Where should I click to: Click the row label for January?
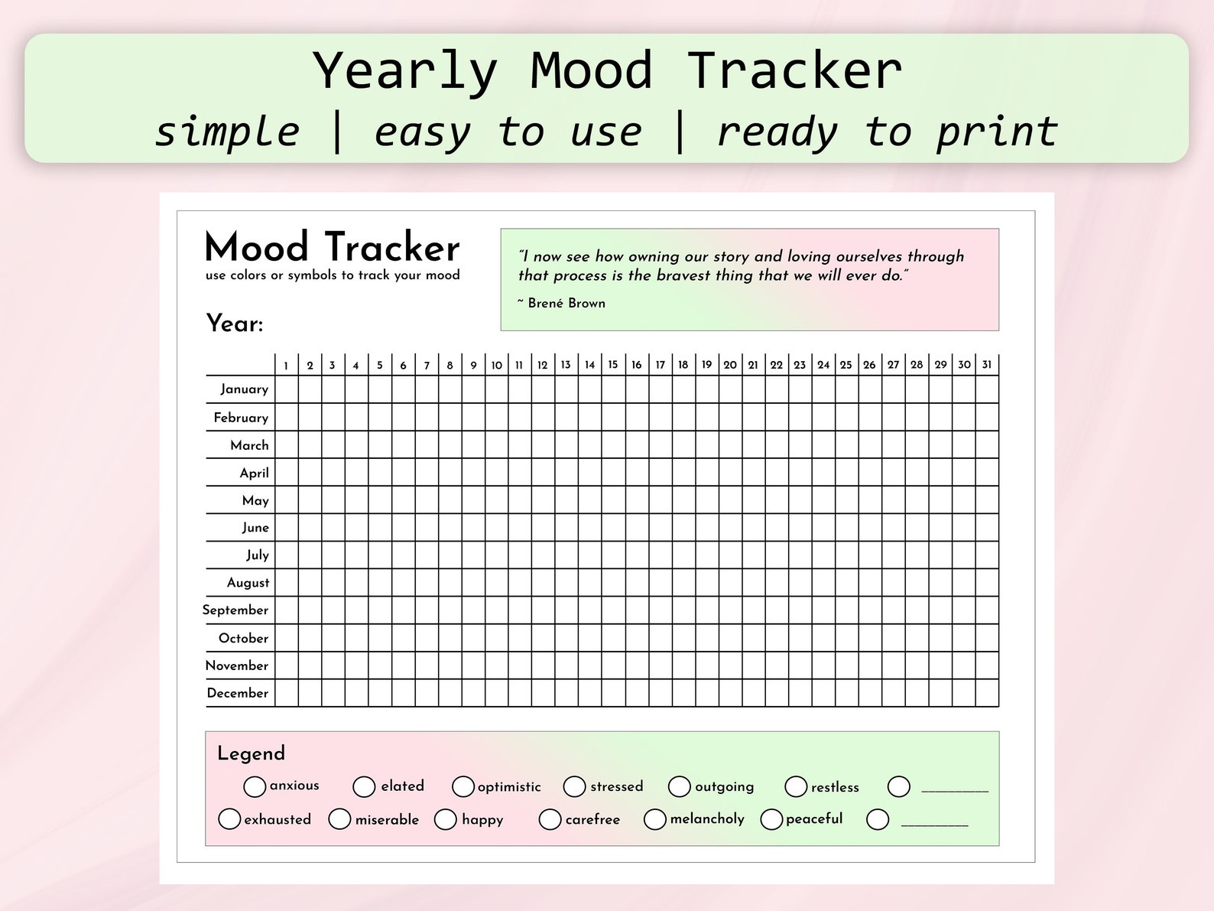[245, 389]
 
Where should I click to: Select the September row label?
[235, 610]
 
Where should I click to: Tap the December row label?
[238, 693]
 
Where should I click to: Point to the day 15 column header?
[613, 365]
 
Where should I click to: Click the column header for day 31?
[987, 365]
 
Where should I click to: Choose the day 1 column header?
[287, 366]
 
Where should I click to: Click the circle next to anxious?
[255, 786]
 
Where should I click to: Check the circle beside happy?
[446, 819]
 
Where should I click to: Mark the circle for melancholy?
[655, 819]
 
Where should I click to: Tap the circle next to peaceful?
[772, 819]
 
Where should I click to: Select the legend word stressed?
[616, 786]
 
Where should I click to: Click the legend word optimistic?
[509, 787]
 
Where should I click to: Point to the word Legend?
[251, 753]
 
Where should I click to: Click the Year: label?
[235, 324]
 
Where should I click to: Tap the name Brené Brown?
[566, 304]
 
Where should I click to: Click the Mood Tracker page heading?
[333, 248]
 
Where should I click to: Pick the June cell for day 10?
[497, 528]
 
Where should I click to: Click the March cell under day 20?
[730, 445]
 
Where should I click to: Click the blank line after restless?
[955, 789]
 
